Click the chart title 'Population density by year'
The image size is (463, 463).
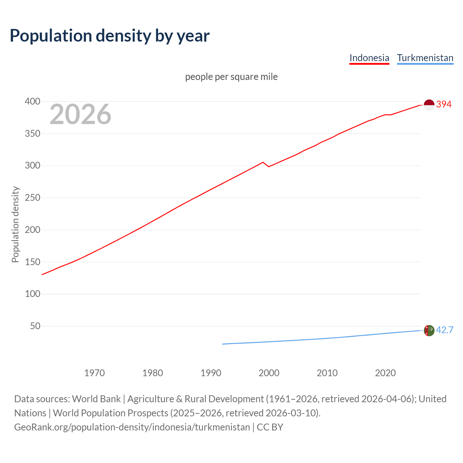[110, 36]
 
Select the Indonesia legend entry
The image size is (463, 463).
[369, 58]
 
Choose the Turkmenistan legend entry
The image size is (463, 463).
[425, 58]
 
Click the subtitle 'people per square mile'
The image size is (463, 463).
[231, 77]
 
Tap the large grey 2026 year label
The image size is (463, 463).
[80, 115]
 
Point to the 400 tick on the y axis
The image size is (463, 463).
[33, 102]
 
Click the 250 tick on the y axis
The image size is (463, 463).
[33, 198]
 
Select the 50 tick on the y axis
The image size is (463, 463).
[35, 326]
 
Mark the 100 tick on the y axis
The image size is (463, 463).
[33, 294]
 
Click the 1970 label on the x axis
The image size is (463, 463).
[94, 373]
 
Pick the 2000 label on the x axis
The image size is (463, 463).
[269, 373]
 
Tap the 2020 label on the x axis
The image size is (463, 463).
[385, 373]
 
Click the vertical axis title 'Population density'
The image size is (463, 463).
[15, 224]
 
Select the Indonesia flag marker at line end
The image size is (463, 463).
[429, 105]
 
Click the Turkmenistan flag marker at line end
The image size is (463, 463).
[429, 330]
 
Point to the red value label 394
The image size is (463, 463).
[444, 105]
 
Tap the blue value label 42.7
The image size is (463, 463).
[445, 330]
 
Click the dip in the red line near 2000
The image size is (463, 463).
[269, 166]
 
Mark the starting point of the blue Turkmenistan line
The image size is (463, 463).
[222, 344]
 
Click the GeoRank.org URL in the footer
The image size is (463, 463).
[132, 427]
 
